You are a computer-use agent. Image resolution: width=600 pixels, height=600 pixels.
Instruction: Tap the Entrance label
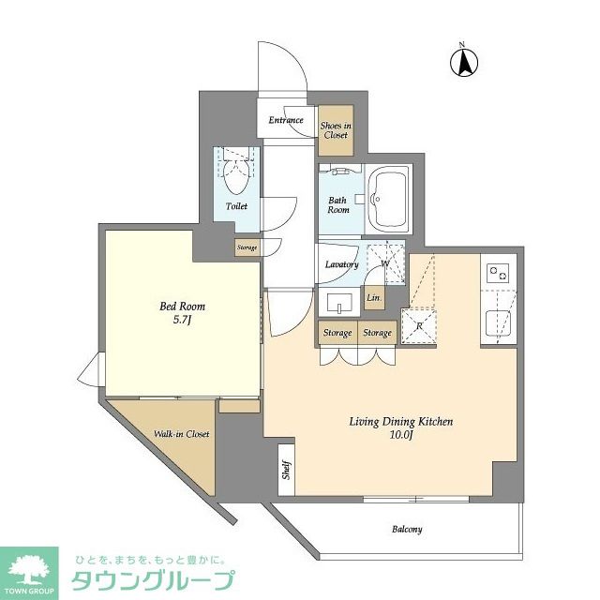pyautogui.click(x=286, y=120)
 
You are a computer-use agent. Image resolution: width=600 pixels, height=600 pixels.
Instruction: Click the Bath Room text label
pyautogui.click(x=338, y=204)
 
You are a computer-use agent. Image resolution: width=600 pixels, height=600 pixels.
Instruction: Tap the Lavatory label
pyautogui.click(x=341, y=264)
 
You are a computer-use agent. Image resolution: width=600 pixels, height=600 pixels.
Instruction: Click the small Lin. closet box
pyautogui.click(x=374, y=298)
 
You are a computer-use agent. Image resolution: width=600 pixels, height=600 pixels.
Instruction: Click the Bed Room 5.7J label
pyautogui.click(x=183, y=313)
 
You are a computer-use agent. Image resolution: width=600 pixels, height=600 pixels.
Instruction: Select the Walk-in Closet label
pyautogui.click(x=182, y=434)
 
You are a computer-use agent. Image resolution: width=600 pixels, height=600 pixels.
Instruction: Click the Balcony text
pyautogui.click(x=406, y=529)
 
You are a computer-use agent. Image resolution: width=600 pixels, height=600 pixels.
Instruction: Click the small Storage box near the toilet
pyautogui.click(x=247, y=247)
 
